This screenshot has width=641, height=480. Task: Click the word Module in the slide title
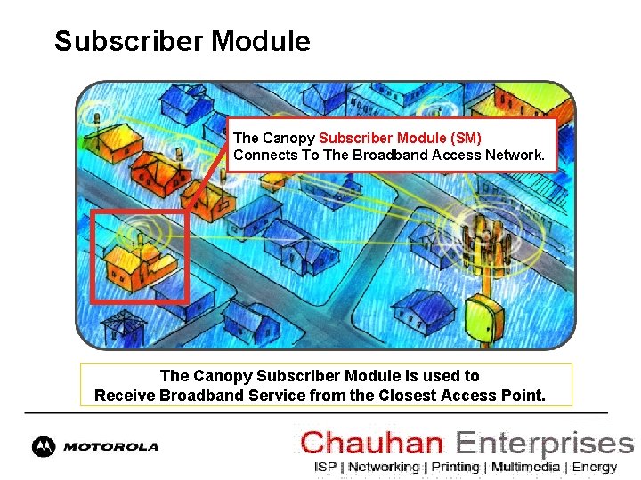coord(266,41)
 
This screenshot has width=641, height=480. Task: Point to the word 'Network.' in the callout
coord(515,155)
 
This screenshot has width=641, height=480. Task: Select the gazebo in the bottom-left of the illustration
coord(124,326)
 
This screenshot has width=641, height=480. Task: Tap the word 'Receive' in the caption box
coord(125,395)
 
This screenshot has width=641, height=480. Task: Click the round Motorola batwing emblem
coord(43,447)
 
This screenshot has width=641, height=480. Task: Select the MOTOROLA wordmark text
coord(110,447)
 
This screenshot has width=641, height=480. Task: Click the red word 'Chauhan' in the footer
coord(373,443)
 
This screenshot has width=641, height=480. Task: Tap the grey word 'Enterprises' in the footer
coord(544,443)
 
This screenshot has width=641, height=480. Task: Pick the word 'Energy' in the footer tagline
coord(595,467)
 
